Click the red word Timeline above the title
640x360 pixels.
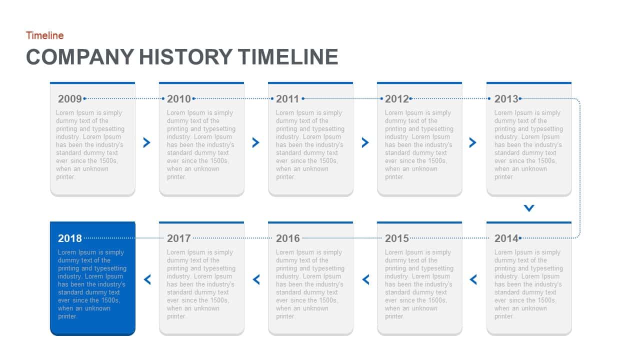[44, 35]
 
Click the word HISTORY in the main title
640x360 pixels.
[185, 57]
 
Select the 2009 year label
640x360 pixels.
[69, 99]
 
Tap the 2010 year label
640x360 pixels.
[178, 99]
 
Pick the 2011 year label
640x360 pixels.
[287, 99]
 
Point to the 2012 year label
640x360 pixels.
[396, 99]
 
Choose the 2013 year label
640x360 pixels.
[506, 99]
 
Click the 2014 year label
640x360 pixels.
[506, 238]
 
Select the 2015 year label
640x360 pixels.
[396, 238]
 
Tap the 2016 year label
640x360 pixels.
[287, 238]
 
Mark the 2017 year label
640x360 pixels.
[178, 238]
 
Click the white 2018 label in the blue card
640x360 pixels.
[69, 238]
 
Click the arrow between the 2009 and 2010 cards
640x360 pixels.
[146, 142]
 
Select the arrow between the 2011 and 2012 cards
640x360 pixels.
[365, 142]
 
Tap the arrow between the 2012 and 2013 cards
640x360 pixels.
[473, 142]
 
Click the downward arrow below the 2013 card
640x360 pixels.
[529, 208]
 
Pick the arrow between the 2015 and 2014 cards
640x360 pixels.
[473, 279]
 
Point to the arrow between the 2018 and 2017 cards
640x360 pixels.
[147, 279]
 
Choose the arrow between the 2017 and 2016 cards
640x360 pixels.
[256, 279]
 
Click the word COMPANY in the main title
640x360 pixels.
[80, 57]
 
